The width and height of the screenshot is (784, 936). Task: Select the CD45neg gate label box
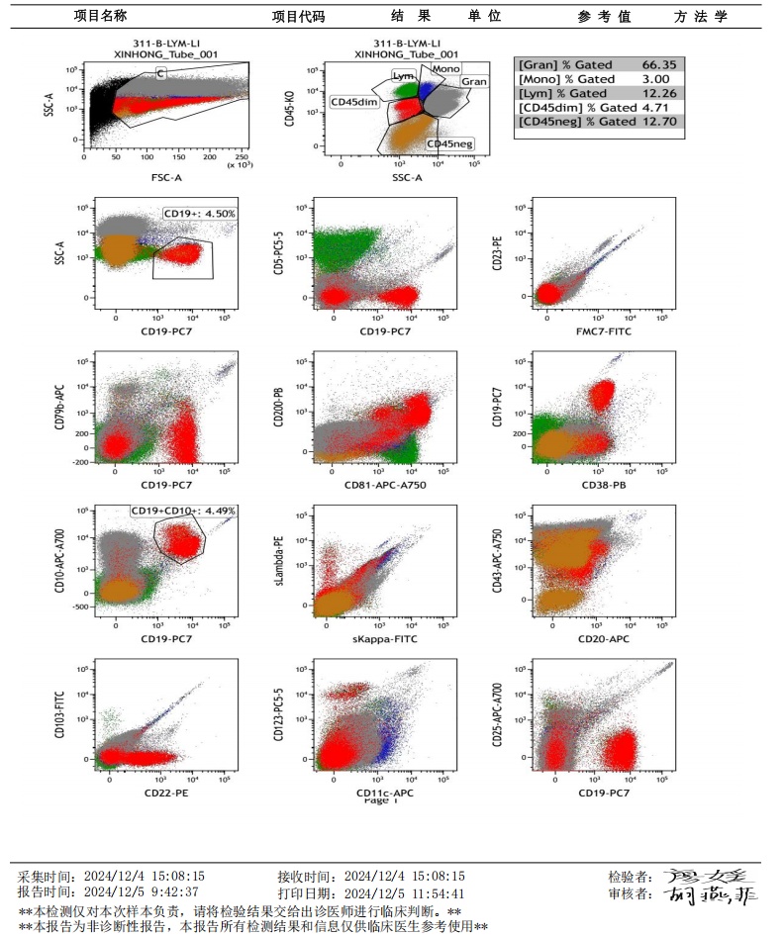pyautogui.click(x=449, y=144)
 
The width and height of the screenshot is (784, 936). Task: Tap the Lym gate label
pyautogui.click(x=402, y=75)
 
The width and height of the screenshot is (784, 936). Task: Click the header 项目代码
pyautogui.click(x=298, y=17)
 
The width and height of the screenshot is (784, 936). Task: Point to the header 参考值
pyautogui.click(x=605, y=17)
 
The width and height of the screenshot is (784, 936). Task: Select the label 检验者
pyautogui.click(x=630, y=877)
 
